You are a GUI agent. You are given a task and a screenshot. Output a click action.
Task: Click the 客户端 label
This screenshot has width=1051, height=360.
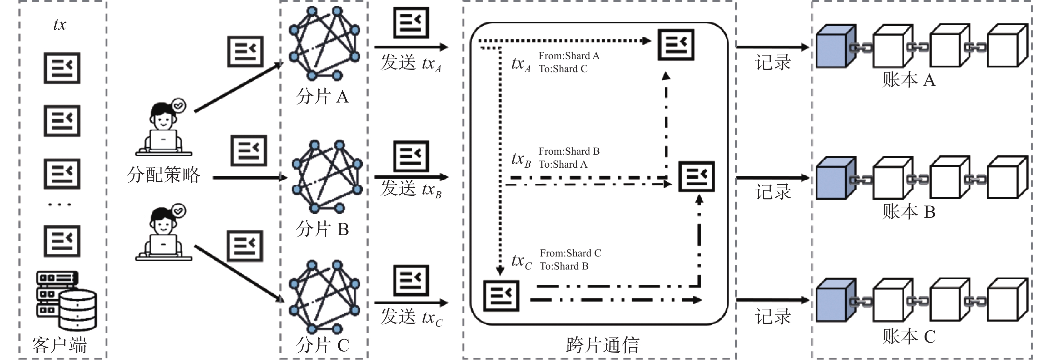pyautogui.click(x=60, y=345)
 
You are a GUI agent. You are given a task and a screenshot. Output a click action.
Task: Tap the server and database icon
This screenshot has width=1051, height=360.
pyautogui.click(x=66, y=301)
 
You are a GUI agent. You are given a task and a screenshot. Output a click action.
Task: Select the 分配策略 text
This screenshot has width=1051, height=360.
pyautogui.click(x=163, y=175)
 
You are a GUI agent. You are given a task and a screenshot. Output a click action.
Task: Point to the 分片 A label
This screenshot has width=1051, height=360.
pyautogui.click(x=322, y=97)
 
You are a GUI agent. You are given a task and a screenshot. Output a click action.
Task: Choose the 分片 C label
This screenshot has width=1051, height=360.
pyautogui.click(x=322, y=345)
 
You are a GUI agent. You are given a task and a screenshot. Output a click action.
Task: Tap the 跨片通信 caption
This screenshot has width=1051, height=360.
pyautogui.click(x=603, y=345)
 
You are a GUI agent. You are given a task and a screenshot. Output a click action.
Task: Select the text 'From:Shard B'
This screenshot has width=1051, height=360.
pyautogui.click(x=569, y=151)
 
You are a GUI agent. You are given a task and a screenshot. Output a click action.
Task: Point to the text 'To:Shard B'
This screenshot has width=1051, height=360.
pyautogui.click(x=564, y=266)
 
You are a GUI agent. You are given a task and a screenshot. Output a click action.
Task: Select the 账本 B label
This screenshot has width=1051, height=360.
pyautogui.click(x=909, y=212)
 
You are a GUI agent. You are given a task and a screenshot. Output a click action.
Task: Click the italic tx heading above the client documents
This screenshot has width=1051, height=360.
pyautogui.click(x=60, y=24)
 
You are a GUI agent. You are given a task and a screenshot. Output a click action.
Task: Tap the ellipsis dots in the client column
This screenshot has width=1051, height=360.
pyautogui.click(x=60, y=204)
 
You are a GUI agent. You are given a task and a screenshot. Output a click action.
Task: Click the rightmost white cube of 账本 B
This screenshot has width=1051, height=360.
pyautogui.click(x=1007, y=178)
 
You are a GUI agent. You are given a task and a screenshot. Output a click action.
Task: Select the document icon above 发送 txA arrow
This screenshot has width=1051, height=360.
pyautogui.click(x=411, y=22)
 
